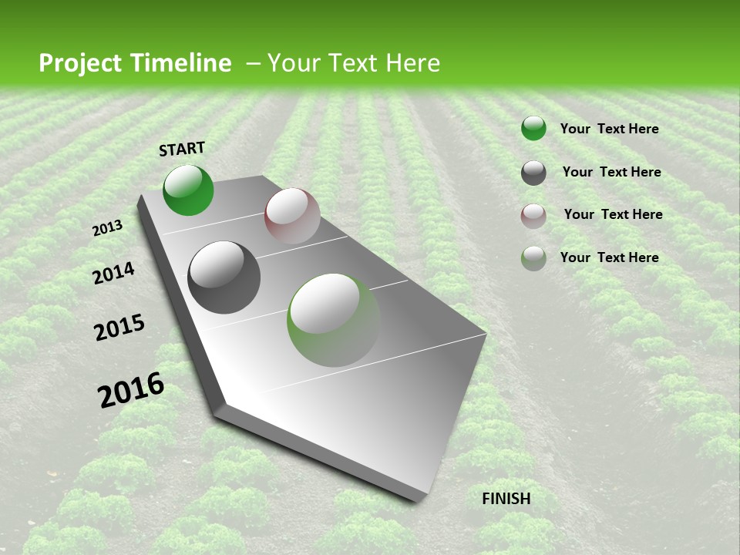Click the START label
182,149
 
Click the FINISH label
506,499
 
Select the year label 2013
107,227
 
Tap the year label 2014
113,273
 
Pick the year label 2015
119,328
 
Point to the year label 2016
131,390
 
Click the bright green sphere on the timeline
188,190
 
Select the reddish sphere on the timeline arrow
292,216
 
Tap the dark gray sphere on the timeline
224,277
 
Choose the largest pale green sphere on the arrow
334,320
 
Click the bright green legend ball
533,129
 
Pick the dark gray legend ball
533,173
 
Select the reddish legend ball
533,216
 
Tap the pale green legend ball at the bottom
533,258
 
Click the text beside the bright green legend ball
609,129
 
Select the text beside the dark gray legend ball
611,172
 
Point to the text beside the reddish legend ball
613,214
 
